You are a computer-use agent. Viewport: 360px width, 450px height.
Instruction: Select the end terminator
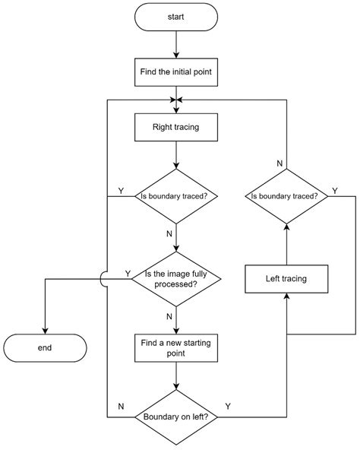(45, 347)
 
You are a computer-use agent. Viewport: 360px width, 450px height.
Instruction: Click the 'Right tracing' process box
(175, 127)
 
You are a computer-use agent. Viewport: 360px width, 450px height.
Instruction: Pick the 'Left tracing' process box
(286, 278)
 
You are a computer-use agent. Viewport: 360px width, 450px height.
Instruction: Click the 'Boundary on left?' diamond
(175, 417)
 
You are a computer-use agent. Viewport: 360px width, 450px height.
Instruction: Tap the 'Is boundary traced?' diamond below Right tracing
(175, 195)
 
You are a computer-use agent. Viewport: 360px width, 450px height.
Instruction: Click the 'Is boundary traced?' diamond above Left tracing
(286, 195)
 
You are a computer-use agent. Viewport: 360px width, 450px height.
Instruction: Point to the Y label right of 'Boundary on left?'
(228, 407)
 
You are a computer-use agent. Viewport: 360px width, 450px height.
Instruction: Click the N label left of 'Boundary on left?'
(121, 407)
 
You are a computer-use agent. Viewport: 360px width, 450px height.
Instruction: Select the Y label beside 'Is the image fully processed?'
(127, 272)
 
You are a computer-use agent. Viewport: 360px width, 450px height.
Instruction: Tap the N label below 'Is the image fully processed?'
(169, 316)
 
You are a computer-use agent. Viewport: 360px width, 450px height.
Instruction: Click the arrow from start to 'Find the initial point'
(175, 44)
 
